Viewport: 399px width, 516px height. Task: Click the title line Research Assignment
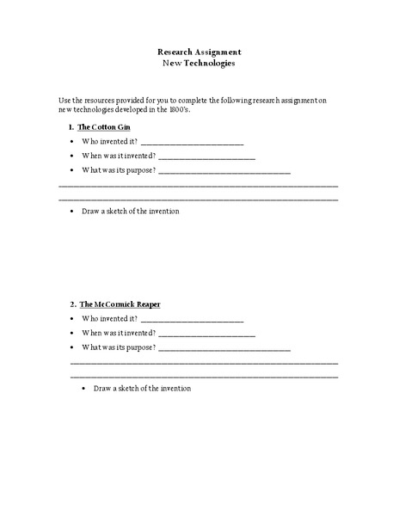(x=199, y=52)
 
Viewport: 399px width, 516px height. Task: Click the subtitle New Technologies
(x=199, y=63)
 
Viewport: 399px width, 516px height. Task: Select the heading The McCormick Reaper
(x=120, y=304)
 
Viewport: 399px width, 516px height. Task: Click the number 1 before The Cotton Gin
(x=71, y=127)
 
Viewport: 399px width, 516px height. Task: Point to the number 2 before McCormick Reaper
(x=72, y=304)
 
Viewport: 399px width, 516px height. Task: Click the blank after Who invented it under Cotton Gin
(x=192, y=143)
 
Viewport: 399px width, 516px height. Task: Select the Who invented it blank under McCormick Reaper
(x=192, y=320)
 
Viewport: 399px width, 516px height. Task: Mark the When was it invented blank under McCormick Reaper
(x=206, y=335)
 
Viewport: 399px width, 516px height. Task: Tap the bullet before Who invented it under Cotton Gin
(x=71, y=142)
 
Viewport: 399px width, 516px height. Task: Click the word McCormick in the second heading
(x=115, y=304)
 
